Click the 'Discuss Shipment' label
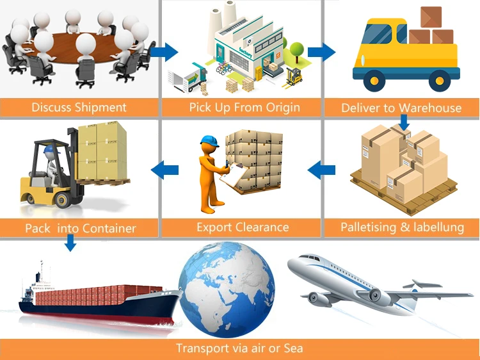(79, 107)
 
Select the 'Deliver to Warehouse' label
(401, 108)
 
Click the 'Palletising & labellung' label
(402, 227)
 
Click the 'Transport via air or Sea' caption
(239, 348)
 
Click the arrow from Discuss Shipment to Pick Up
(167, 51)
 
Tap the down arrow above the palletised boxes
(403, 122)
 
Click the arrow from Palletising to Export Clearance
(321, 170)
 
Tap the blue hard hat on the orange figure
(209, 141)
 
